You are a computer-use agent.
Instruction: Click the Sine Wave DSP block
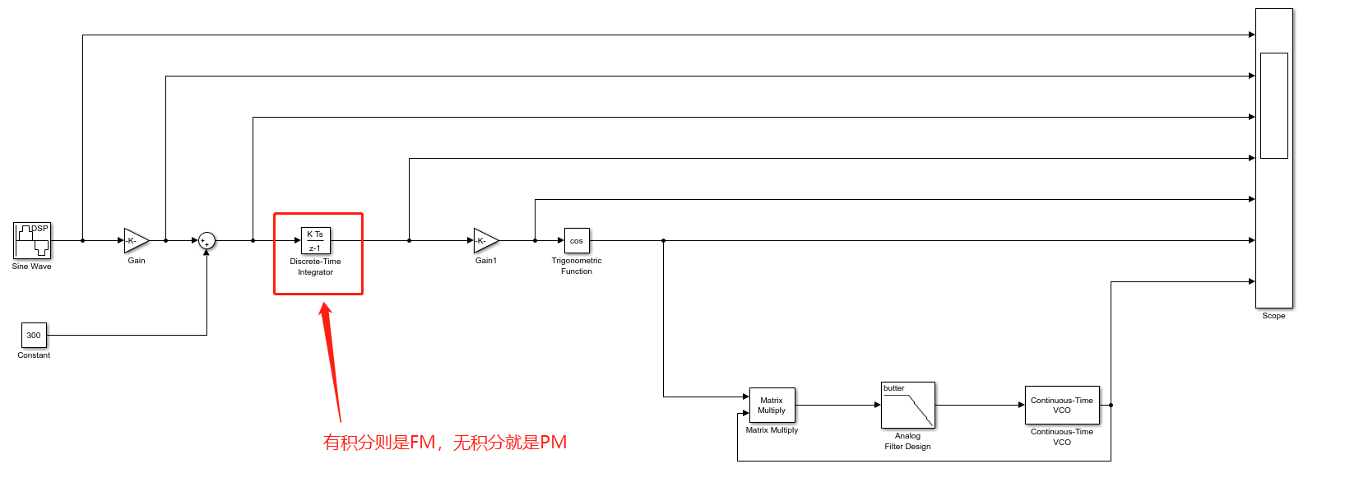point(32,240)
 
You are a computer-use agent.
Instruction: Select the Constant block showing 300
point(34,335)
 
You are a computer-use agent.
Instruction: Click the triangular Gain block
point(136,240)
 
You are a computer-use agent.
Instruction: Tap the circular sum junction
point(206,240)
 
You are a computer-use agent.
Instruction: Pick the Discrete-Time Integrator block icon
point(316,240)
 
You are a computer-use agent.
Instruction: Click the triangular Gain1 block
point(485,240)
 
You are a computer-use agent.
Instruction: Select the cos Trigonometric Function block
point(577,240)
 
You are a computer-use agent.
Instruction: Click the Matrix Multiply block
point(772,405)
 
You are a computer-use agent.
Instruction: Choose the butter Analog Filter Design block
point(908,405)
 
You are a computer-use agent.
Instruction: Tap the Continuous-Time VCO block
point(1062,405)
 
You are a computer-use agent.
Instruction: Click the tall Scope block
point(1273,230)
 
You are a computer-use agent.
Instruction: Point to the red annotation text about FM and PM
point(445,443)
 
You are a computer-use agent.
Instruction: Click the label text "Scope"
point(1273,316)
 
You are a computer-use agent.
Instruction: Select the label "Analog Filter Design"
point(907,441)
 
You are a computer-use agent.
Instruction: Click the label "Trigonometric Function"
point(577,266)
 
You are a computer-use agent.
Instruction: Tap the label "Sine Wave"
point(32,267)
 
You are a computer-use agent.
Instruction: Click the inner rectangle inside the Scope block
point(1273,105)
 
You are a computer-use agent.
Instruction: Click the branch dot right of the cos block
point(663,240)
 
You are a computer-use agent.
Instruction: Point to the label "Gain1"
point(485,261)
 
